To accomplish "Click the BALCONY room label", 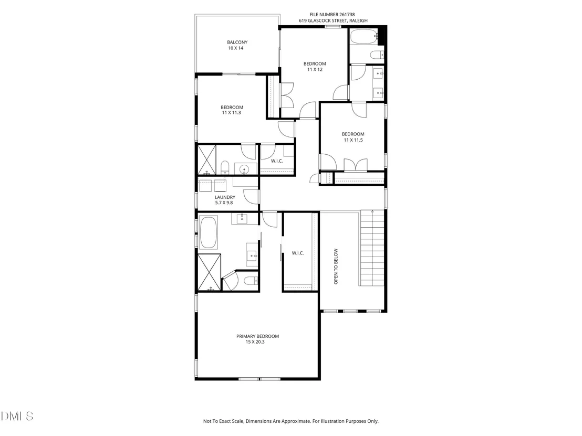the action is coord(237,42).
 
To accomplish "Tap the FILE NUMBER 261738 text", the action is coord(332,15).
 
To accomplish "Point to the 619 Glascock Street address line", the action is coord(334,21).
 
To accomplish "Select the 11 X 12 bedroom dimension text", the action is coord(315,69).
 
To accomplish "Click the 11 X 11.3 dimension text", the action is coord(232,113).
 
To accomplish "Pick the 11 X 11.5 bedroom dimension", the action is coord(353,140).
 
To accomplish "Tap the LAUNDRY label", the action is coord(225,197).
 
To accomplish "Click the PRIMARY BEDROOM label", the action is coord(257,336).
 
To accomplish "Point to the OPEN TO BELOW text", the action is coord(336,267).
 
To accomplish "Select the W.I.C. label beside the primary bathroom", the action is coord(298,253).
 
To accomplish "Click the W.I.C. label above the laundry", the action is coord(277,161).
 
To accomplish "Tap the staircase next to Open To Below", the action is coord(372,248).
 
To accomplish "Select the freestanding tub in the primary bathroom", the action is coord(208,232).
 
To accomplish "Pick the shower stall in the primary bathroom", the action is coord(210,272).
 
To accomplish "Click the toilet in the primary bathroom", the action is coord(250,281).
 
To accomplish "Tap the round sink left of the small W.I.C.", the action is coord(244,169).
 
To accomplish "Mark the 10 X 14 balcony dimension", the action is coord(236,48).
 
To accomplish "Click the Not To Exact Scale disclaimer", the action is coord(290,421).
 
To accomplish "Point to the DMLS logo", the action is coord(17,417).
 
